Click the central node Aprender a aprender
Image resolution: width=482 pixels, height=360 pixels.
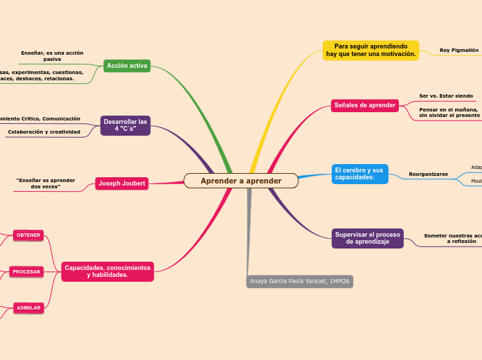coord(241,181)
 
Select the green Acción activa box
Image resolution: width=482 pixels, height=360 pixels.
coord(127,66)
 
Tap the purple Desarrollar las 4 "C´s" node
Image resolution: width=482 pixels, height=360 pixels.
coord(125,125)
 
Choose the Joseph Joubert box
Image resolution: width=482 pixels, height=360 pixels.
coord(122,183)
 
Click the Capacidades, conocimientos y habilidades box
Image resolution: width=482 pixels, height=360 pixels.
coord(107,271)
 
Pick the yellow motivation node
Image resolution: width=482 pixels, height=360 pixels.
coord(371,50)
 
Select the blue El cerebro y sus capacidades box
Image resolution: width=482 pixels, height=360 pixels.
coord(359,174)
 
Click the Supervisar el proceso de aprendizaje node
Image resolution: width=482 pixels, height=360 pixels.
coord(367,238)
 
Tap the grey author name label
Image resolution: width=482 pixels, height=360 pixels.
coord(299,281)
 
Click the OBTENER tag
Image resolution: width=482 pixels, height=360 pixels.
coord(28,235)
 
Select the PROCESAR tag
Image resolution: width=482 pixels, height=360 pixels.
coord(26,271)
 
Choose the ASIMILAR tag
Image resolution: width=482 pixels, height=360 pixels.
coord(28,307)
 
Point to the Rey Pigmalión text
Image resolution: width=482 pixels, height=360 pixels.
coord(458,51)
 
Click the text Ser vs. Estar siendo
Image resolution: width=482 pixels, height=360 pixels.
coord(446,96)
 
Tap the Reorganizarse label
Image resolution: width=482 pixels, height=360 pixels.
coord(428,174)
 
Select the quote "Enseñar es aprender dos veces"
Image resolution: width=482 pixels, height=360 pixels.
coord(46,183)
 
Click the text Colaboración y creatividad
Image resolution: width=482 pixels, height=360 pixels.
coord(44,132)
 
